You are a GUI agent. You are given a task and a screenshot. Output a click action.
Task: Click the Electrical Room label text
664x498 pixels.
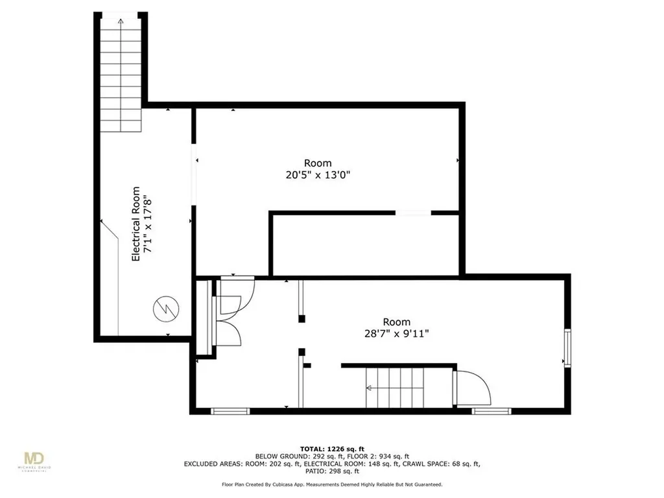(136, 224)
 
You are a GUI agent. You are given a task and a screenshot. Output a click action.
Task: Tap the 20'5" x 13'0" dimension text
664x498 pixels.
(318, 174)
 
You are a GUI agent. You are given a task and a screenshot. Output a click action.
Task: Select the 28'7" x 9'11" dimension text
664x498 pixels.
(396, 334)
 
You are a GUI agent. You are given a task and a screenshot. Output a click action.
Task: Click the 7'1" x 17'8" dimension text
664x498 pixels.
(147, 224)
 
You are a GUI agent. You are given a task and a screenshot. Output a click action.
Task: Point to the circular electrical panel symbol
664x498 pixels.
(166, 309)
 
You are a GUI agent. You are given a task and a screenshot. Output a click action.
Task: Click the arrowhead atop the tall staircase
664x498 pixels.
(121, 21)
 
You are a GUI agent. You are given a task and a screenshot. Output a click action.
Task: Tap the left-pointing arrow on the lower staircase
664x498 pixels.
(369, 388)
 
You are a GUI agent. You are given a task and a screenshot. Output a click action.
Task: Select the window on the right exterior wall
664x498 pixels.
(567, 348)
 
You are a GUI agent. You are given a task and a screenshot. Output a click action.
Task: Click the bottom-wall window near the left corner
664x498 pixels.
(230, 410)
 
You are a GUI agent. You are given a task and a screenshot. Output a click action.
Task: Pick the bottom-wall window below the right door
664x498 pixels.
(492, 410)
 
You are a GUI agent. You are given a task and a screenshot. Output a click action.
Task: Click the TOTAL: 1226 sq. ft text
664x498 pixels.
(332, 449)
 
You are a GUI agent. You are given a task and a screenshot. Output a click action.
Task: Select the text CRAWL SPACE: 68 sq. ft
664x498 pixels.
(441, 464)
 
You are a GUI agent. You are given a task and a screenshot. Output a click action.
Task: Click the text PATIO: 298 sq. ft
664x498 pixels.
(332, 471)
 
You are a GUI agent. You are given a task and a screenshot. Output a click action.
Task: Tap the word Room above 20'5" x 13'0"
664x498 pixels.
(318, 163)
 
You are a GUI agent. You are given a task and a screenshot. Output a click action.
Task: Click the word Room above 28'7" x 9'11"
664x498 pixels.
(397, 322)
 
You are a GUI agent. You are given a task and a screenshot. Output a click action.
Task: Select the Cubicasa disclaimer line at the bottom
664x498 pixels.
(332, 484)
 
